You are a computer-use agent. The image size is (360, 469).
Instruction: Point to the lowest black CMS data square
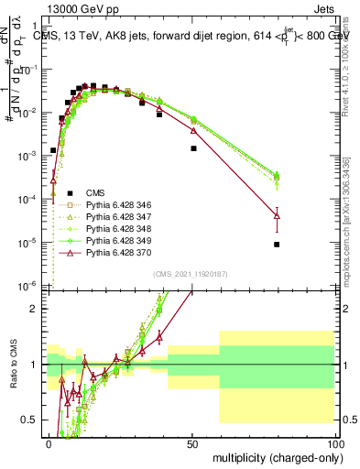click(303, 245)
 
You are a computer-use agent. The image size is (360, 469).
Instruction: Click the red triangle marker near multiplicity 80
click(303, 216)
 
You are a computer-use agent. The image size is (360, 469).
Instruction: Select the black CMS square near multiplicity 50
click(193, 147)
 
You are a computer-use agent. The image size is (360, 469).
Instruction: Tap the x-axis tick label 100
click(334, 442)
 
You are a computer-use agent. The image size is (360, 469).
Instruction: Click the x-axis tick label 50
click(192, 442)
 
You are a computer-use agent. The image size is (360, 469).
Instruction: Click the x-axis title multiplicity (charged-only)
click(273, 456)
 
